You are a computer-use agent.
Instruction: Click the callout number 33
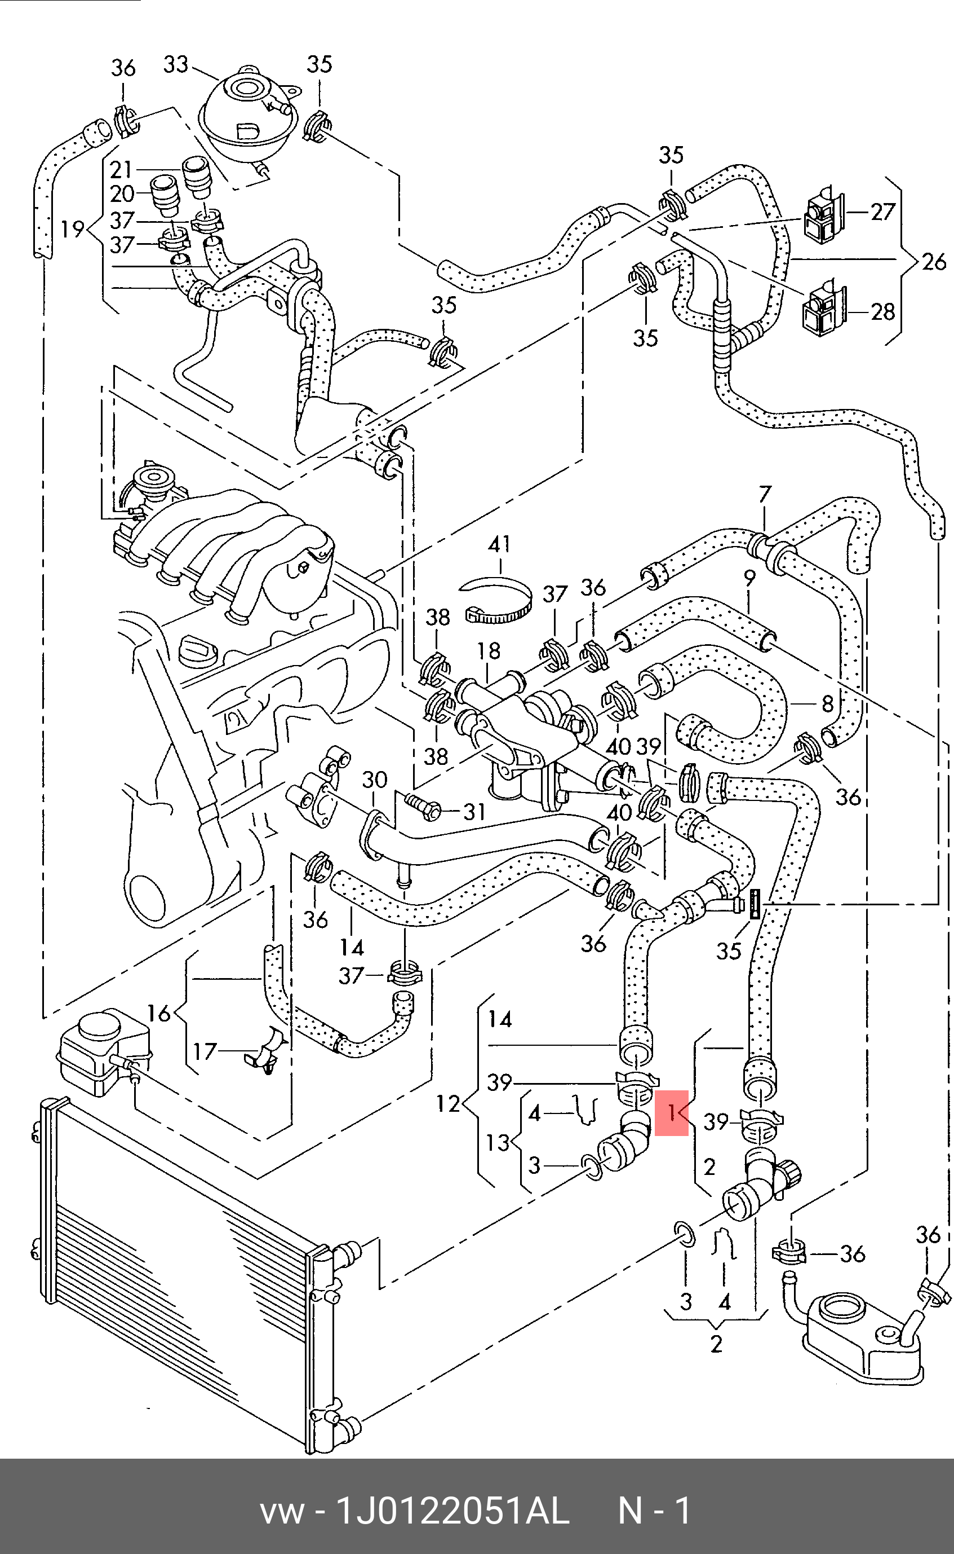click(176, 64)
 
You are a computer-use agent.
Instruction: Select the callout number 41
click(499, 544)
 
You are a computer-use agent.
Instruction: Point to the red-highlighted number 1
click(672, 1112)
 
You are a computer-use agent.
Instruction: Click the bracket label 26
click(934, 261)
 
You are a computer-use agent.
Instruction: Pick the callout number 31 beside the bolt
click(474, 812)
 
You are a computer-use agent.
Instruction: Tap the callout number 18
click(489, 651)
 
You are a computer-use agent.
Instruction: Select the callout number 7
click(765, 494)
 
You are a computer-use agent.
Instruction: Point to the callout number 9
click(749, 578)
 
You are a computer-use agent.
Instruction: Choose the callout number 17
click(205, 1051)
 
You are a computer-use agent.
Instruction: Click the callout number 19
click(73, 228)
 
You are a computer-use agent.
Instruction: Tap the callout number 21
click(121, 169)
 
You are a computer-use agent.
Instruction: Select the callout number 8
click(828, 703)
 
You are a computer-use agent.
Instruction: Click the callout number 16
click(159, 1014)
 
